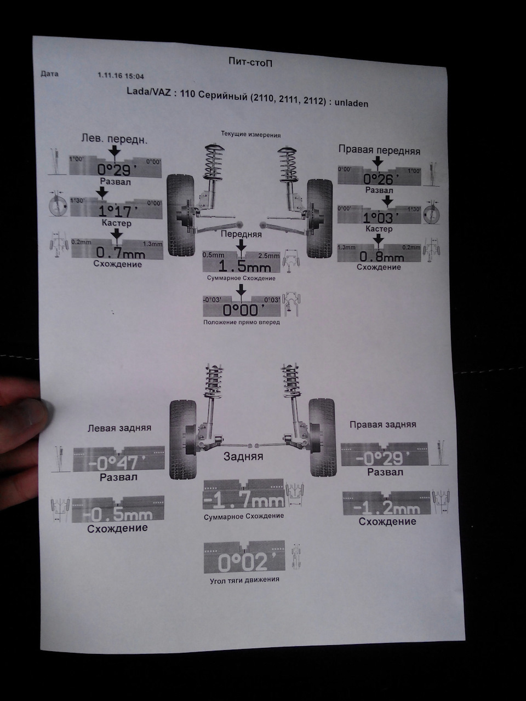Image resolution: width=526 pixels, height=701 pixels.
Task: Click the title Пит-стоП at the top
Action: click(250, 62)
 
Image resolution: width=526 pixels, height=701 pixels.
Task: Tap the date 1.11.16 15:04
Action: click(121, 77)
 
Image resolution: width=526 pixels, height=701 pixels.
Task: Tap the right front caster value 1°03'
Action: click(381, 219)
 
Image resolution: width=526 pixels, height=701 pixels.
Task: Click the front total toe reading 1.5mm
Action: click(244, 266)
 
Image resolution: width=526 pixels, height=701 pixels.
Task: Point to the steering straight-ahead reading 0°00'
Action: click(243, 310)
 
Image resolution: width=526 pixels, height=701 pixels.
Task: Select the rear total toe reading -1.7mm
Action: click(244, 501)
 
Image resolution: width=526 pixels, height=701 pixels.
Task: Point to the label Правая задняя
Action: click(382, 424)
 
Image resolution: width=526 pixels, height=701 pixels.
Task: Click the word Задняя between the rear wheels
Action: click(243, 456)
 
